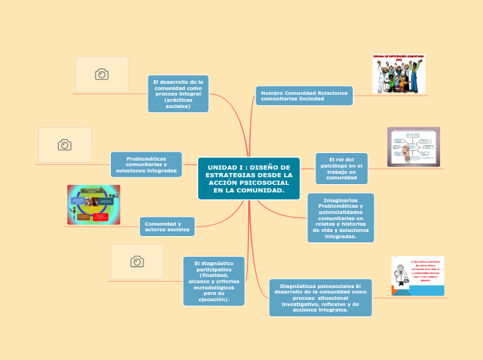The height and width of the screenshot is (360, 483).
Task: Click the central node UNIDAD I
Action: (x=249, y=179)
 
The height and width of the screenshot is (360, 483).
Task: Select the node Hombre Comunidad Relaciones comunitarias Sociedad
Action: (x=304, y=96)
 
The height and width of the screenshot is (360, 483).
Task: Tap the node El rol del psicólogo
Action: (x=341, y=168)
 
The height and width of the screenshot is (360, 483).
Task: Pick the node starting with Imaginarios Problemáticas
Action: (x=340, y=217)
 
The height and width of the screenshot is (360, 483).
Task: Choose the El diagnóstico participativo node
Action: (x=214, y=281)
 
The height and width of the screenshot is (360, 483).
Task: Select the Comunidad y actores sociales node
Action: (x=167, y=226)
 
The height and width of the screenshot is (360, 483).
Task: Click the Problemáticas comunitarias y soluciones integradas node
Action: (x=146, y=165)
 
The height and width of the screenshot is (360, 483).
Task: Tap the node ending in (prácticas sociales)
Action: (x=178, y=93)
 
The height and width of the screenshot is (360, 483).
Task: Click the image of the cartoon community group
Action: (x=398, y=74)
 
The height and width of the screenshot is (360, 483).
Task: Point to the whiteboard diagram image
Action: (x=413, y=146)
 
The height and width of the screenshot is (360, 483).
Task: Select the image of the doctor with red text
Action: (x=418, y=276)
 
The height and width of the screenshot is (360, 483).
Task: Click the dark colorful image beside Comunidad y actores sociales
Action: (x=94, y=204)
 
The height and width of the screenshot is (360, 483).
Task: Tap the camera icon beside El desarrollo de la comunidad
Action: (x=102, y=74)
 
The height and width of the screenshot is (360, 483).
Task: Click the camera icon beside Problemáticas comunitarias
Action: (x=64, y=145)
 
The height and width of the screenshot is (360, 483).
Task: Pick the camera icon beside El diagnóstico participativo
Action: (x=137, y=261)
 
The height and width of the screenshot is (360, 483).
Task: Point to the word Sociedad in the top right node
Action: (x=311, y=99)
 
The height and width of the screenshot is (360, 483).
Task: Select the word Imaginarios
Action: (x=340, y=200)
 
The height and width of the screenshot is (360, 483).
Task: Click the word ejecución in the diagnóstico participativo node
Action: (x=213, y=299)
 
